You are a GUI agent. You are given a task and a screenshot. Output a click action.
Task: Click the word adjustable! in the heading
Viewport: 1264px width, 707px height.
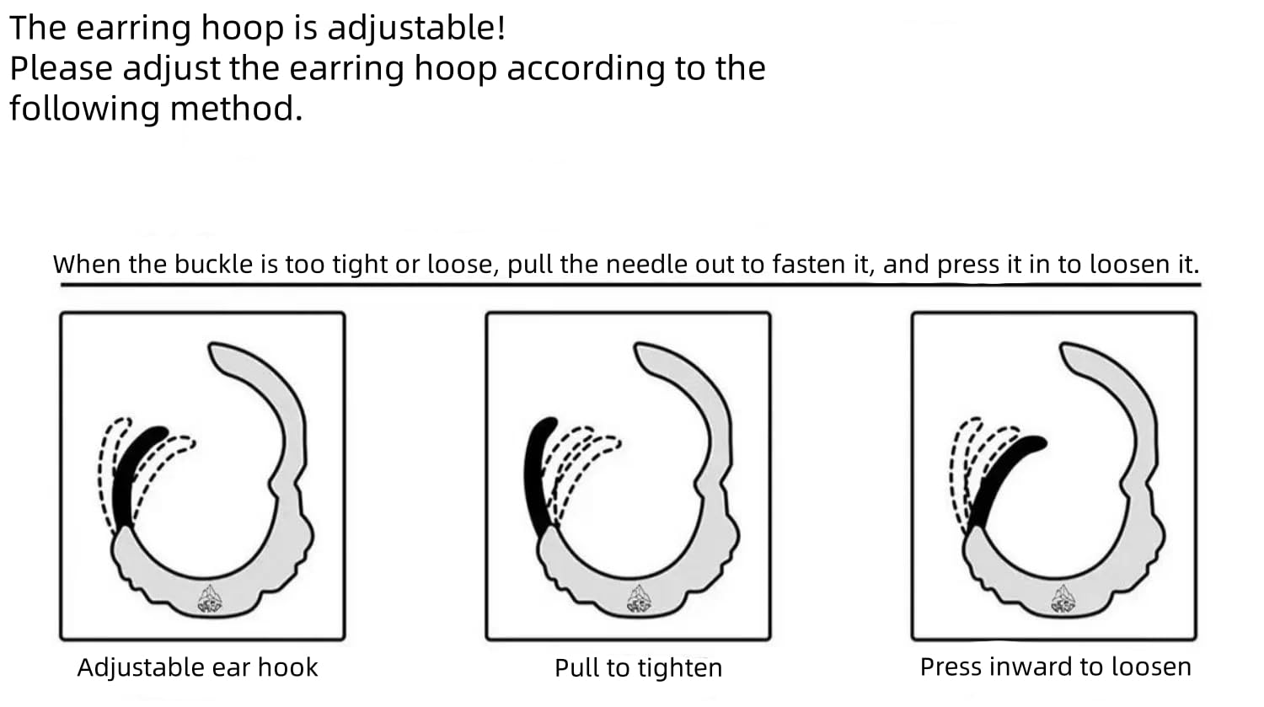pyautogui.click(x=416, y=29)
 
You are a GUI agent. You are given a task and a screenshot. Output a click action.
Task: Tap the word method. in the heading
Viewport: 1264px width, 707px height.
pyautogui.click(x=237, y=110)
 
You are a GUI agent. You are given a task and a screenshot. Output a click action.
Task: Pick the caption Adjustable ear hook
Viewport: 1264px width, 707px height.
pyautogui.click(x=197, y=667)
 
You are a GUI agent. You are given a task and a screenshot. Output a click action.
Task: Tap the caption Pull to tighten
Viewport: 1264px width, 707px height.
pyautogui.click(x=638, y=668)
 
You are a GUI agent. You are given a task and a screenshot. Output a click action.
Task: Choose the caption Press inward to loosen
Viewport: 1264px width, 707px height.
pyautogui.click(x=1055, y=667)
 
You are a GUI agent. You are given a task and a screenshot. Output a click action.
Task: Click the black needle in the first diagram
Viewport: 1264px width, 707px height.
pyautogui.click(x=133, y=472)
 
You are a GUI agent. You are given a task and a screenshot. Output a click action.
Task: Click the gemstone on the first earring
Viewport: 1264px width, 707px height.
pyautogui.click(x=209, y=599)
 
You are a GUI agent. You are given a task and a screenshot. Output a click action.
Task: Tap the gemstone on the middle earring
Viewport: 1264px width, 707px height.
pyautogui.click(x=638, y=599)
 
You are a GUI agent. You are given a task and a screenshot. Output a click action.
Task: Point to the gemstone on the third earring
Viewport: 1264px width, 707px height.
pyautogui.click(x=1063, y=599)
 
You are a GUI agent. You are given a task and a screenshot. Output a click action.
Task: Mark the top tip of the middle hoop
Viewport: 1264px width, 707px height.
pyautogui.click(x=642, y=349)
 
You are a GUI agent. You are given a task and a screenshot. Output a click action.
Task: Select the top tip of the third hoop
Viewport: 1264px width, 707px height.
pyautogui.click(x=1068, y=349)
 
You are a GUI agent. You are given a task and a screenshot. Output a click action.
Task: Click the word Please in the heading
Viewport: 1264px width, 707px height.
pyautogui.click(x=61, y=69)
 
